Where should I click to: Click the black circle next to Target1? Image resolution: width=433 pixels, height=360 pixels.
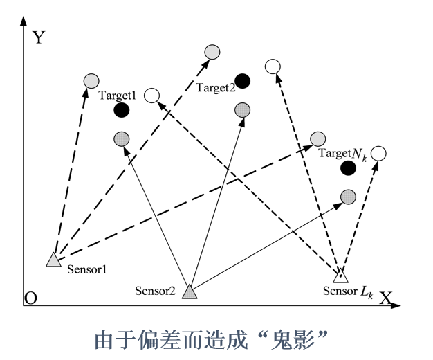122,109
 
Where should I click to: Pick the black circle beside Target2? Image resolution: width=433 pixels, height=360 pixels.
242,80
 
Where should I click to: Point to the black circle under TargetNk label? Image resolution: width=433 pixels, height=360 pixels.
349,168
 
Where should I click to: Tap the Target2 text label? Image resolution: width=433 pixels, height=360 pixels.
215,87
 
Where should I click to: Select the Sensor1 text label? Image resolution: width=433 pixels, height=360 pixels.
90,269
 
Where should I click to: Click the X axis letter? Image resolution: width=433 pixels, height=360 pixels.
385,298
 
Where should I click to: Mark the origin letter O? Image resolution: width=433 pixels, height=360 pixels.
30,298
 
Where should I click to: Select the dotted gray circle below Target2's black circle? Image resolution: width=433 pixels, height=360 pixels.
242,109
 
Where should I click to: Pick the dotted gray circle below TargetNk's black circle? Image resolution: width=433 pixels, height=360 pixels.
348,197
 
